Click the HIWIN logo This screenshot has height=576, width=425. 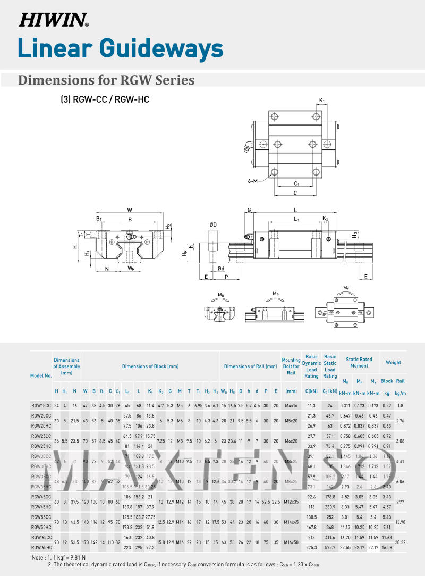pyautogui.click(x=54, y=20)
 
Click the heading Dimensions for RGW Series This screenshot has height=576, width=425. pyautogui.click(x=106, y=80)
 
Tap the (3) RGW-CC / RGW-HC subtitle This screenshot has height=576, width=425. pyautogui.click(x=101, y=99)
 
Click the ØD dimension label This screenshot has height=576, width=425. pyautogui.click(x=212, y=225)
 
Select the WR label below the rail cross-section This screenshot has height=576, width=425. pyautogui.click(x=131, y=269)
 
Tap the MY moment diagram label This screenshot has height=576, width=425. pyautogui.click(x=346, y=288)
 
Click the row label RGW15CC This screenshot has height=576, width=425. pyautogui.click(x=41, y=405)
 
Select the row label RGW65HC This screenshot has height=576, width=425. pyautogui.click(x=41, y=547)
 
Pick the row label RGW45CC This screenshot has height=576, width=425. pyautogui.click(x=41, y=497)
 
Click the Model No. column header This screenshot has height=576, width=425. pyautogui.click(x=41, y=375)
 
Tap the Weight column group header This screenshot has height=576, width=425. pyautogui.click(x=393, y=363)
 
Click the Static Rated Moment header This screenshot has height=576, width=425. pyautogui.click(x=359, y=363)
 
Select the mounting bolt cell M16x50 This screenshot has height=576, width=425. pyautogui.click(x=291, y=542)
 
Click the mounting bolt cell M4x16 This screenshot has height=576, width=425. pyautogui.click(x=291, y=405)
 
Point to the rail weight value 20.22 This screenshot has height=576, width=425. pyautogui.click(x=401, y=542)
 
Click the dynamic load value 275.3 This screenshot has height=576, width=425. pyautogui.click(x=311, y=547)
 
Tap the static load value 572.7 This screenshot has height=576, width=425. pyautogui.click(x=330, y=547)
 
